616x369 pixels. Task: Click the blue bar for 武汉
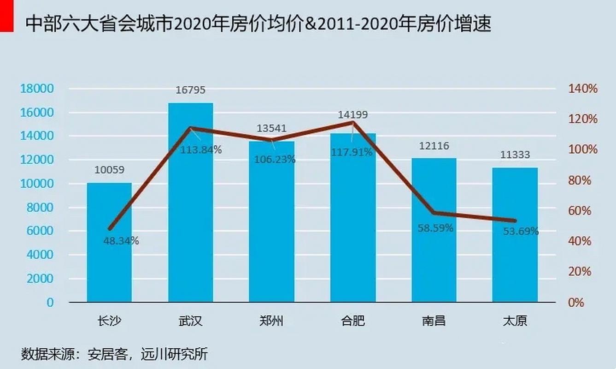[x=190, y=203]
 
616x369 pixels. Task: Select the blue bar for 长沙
[x=109, y=242]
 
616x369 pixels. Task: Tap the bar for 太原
[x=515, y=235]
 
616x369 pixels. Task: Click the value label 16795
[x=190, y=90]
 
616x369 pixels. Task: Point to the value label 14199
[x=353, y=115]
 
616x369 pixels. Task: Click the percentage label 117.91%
[x=352, y=152]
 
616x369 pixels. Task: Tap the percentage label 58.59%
[x=435, y=228]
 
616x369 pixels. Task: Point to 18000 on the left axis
[x=37, y=89]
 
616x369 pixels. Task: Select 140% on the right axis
[x=583, y=89]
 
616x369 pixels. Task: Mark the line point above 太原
[x=515, y=220]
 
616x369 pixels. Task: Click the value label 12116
[x=434, y=146]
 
